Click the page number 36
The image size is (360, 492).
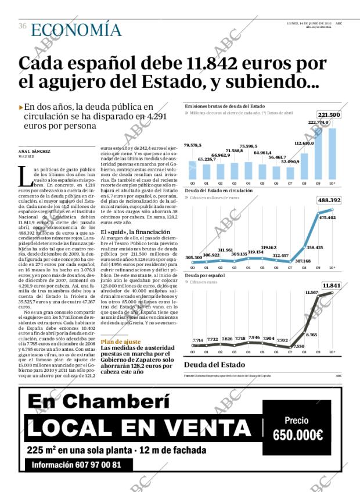pyautogui.click(x=23, y=26)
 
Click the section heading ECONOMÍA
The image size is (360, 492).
pyautogui.click(x=76, y=30)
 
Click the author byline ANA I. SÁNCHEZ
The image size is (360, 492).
pyautogui.click(x=34, y=152)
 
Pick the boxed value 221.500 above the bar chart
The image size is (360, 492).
pyautogui.click(x=329, y=115)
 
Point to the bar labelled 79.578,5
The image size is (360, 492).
pyautogui.click(x=193, y=170)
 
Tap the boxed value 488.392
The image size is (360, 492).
pyautogui.click(x=329, y=200)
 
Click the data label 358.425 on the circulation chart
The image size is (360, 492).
pyautogui.click(x=314, y=247)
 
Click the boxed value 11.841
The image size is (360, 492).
pyautogui.click(x=331, y=285)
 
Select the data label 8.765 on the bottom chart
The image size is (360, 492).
pyautogui.click(x=311, y=335)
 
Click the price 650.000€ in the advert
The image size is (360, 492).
pyautogui.click(x=297, y=434)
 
